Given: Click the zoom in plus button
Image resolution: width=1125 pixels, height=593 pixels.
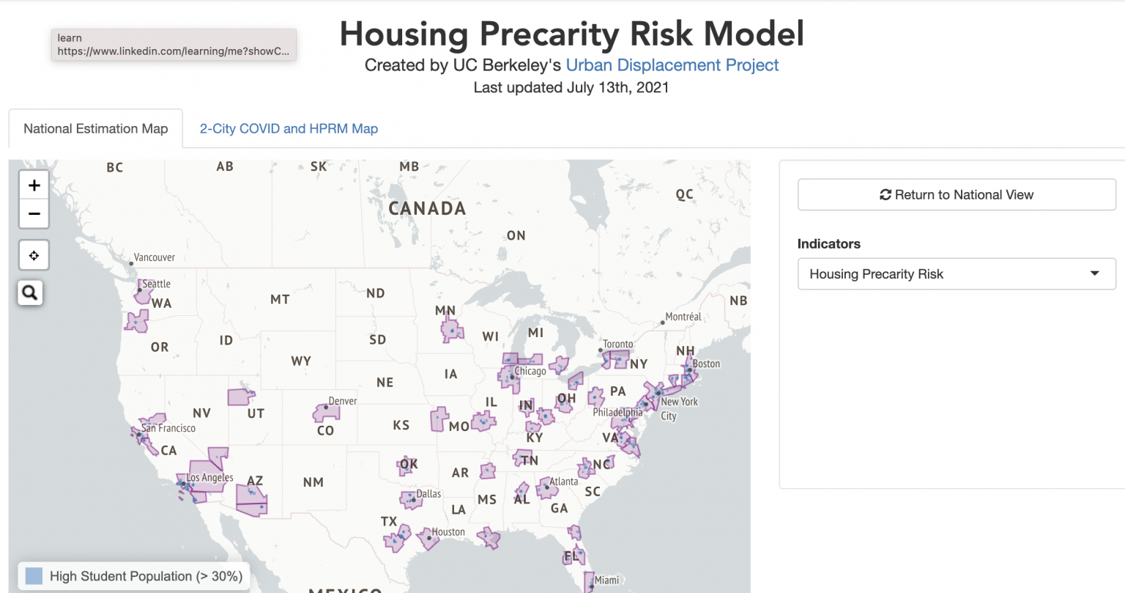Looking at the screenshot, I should tap(34, 185).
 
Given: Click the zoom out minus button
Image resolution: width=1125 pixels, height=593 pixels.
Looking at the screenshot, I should tap(34, 214).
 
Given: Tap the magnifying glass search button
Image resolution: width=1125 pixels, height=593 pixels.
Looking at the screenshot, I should tap(30, 293).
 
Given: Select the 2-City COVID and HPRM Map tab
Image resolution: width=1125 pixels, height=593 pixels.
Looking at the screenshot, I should tap(289, 129).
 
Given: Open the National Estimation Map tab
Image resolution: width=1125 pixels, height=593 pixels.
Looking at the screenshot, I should tap(95, 129).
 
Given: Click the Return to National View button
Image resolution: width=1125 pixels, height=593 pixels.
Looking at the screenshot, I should tap(957, 195).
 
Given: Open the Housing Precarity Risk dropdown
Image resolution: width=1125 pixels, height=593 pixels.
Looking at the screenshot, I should tap(957, 274).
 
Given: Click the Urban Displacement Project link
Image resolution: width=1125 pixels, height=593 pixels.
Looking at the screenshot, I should tap(672, 65).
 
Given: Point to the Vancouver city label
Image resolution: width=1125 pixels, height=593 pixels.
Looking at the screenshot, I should tap(154, 258).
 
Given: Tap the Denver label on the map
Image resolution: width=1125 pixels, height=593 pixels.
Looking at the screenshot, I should tap(343, 401).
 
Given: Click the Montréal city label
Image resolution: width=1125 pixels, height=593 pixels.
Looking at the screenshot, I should tap(683, 317).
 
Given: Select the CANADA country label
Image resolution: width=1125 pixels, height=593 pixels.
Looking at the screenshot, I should tap(427, 209).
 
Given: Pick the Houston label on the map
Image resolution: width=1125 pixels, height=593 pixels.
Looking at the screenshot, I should tap(448, 532).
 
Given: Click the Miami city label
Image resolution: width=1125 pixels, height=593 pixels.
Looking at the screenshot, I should tap(606, 581).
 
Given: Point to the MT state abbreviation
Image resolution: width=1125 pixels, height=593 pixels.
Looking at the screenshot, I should tap(280, 300).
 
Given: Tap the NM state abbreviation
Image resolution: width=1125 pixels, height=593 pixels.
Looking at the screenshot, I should tap(313, 482).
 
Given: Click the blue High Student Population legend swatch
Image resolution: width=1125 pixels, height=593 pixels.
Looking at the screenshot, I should tap(34, 576).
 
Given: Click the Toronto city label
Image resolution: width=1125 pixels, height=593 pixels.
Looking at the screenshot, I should tap(617, 345).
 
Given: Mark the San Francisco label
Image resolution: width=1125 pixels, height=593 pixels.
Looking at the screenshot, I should tap(168, 429).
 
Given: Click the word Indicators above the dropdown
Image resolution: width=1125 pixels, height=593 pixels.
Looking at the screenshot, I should tap(828, 244).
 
